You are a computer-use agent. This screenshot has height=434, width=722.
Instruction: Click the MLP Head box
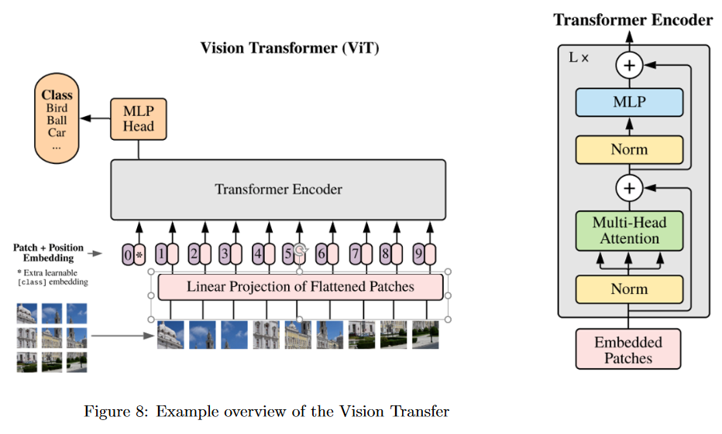[x=139, y=118]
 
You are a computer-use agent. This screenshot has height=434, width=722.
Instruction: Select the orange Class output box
[x=57, y=119]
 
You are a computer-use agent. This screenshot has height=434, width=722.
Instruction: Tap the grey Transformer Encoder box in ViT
[x=278, y=190]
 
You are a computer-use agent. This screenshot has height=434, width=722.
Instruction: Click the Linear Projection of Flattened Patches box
[x=301, y=287]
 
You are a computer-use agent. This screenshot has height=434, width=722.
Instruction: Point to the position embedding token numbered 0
[x=128, y=254]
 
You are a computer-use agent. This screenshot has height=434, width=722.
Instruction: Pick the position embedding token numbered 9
[x=418, y=253]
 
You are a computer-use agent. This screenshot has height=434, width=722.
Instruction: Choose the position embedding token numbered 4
[x=259, y=253]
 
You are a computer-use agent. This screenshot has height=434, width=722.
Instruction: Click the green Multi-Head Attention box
[x=629, y=231]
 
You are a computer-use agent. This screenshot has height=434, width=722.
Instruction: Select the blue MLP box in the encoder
[x=629, y=102]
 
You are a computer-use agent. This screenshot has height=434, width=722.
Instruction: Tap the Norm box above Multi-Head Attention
[x=629, y=149]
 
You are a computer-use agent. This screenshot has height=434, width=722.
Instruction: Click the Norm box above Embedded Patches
[x=629, y=289]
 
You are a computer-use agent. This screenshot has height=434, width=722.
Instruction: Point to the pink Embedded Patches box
[x=628, y=350]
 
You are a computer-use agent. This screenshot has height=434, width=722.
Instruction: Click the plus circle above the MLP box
[x=629, y=66]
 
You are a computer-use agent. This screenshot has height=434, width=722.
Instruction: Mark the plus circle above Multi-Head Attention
[x=629, y=187]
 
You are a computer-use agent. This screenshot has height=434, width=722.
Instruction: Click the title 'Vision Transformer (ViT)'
[x=290, y=48]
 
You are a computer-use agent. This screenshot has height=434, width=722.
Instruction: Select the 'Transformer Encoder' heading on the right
[x=633, y=20]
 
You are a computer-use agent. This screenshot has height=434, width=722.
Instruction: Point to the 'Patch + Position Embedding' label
[x=48, y=252]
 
